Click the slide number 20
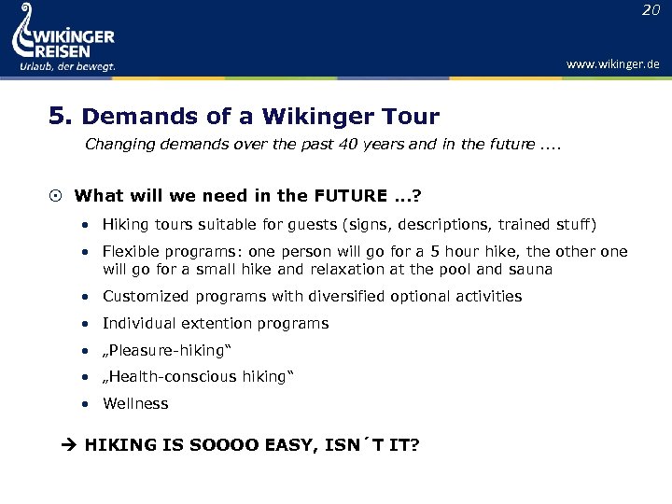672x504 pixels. click(650, 10)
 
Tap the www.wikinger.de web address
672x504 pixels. click(612, 64)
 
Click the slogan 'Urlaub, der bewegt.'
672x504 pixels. click(67, 66)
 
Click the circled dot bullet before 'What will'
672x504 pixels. click(56, 196)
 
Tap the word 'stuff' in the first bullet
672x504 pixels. click(569, 225)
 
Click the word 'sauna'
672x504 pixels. click(532, 270)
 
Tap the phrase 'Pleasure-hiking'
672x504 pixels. click(166, 350)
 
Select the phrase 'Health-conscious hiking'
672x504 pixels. click(199, 377)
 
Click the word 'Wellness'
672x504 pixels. click(135, 404)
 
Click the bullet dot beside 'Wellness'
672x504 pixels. click(85, 405)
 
